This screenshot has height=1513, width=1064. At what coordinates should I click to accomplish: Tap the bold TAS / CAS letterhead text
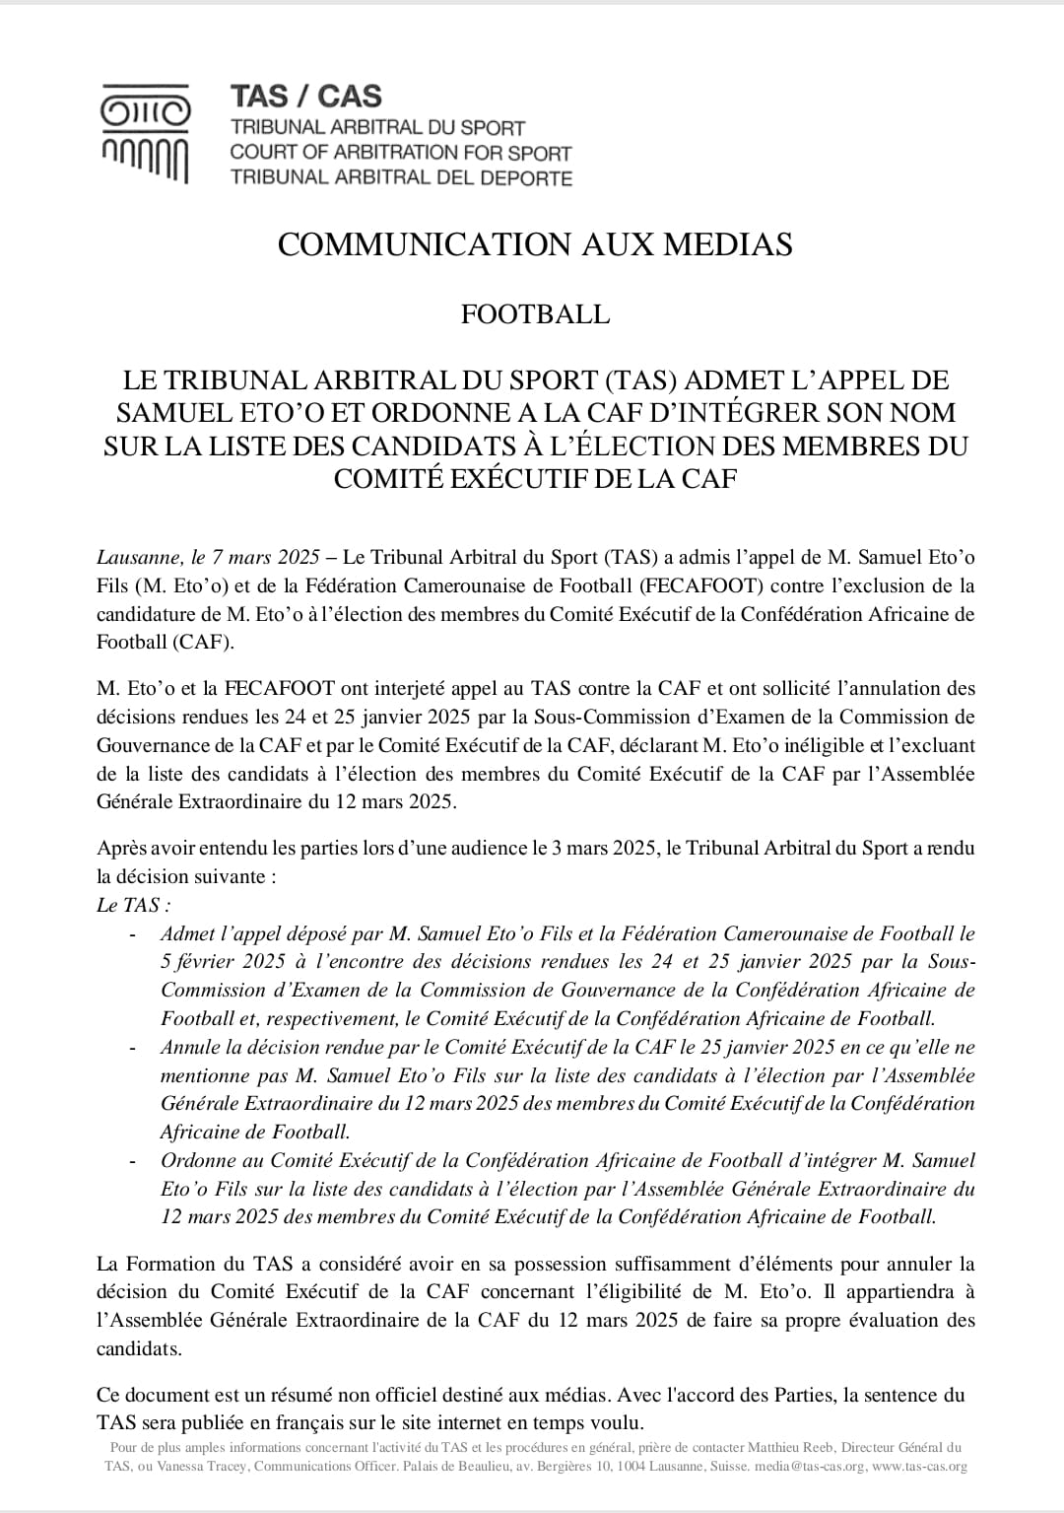[305, 96]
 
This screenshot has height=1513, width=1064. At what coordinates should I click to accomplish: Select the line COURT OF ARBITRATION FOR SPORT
[400, 153]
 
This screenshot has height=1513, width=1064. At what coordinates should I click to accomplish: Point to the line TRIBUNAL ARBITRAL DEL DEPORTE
[400, 178]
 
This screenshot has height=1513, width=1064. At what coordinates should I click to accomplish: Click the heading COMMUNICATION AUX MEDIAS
[535, 244]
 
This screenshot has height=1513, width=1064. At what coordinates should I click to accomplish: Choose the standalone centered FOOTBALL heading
[535, 314]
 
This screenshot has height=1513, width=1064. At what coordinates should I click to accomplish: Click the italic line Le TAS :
[133, 905]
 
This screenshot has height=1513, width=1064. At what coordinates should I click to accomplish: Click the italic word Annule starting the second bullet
[192, 1047]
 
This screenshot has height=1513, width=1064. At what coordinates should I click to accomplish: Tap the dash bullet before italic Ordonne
[132, 1161]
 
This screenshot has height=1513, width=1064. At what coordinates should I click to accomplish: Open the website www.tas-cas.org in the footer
[918, 1467]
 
